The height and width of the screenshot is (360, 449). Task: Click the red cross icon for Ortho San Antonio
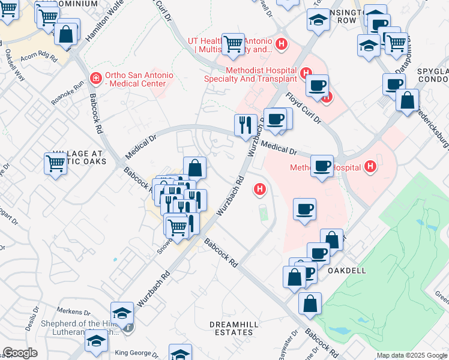point(95,78)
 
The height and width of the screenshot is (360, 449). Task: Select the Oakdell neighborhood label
point(349,270)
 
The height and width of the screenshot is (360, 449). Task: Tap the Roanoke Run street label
point(67,93)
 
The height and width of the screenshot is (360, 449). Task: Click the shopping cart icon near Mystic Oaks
point(55,162)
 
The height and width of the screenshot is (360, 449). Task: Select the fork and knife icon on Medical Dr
point(246,125)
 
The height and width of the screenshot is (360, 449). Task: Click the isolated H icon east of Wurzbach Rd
point(260,190)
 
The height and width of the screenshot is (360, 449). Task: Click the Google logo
point(20,353)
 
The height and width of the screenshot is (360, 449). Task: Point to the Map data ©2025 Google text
point(412,355)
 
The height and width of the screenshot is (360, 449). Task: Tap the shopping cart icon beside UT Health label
point(233,43)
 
